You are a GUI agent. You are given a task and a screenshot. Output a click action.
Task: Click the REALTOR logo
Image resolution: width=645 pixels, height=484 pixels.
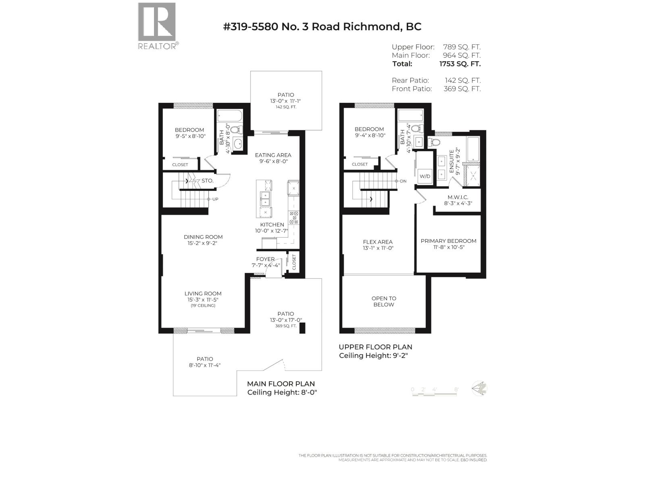click(x=157, y=25)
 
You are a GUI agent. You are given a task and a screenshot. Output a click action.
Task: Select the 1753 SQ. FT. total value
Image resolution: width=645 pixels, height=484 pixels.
click(x=460, y=64)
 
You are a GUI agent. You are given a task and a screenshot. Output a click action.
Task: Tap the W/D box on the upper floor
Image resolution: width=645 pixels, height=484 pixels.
click(x=425, y=176)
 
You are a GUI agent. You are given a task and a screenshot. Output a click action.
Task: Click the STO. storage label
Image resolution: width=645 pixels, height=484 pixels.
click(x=207, y=181)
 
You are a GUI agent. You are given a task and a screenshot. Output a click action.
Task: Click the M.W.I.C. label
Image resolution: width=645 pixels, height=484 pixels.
click(x=457, y=197)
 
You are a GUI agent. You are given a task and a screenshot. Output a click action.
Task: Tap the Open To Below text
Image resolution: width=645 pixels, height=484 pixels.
click(x=384, y=301)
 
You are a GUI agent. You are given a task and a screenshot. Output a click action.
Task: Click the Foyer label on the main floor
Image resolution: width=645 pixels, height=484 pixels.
click(x=265, y=259)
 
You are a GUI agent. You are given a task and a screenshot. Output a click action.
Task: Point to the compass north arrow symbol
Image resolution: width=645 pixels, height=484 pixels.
click(x=480, y=388)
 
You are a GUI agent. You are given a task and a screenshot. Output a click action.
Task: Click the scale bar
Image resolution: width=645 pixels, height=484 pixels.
click(x=435, y=394)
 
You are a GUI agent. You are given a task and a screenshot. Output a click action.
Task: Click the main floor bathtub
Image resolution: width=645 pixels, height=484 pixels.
click(x=230, y=116)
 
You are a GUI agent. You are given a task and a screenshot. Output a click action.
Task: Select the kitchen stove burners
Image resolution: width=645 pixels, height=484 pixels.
click(x=293, y=217)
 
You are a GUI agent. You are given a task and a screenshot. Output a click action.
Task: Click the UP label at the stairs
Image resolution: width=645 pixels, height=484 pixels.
click(x=215, y=199)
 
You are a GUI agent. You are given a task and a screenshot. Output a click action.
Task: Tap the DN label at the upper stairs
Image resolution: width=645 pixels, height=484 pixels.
click(x=403, y=181)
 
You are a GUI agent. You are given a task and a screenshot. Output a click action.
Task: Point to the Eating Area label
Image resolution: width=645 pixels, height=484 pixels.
click(x=273, y=155)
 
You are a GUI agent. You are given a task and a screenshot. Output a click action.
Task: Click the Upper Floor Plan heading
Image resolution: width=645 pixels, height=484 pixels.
click(x=375, y=347)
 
